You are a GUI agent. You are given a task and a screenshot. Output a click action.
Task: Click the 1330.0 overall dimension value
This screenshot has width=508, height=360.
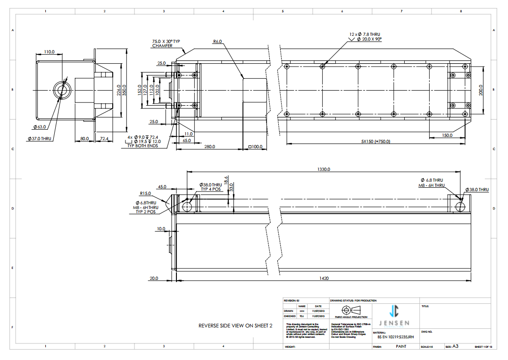(323, 169)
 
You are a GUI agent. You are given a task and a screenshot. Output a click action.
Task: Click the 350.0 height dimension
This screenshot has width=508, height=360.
(125, 90)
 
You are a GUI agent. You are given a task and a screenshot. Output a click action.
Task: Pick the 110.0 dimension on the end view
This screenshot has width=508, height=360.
(49, 52)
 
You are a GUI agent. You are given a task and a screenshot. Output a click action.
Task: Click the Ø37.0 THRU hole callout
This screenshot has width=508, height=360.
(40, 139)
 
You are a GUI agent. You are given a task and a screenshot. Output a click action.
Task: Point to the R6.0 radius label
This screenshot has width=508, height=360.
(217, 42)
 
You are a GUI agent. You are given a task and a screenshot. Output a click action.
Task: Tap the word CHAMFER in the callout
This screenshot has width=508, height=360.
(162, 46)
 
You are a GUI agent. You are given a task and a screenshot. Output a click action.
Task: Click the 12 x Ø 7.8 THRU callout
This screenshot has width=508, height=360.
(365, 34)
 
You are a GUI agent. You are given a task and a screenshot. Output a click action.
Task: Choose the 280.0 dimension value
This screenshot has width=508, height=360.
(209, 147)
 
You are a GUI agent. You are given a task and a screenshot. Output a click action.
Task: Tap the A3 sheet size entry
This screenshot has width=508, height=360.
(456, 347)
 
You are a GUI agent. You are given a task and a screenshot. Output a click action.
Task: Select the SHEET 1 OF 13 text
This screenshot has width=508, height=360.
(483, 347)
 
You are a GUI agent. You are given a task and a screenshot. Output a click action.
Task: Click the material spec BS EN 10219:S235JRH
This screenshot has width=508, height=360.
(396, 337)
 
